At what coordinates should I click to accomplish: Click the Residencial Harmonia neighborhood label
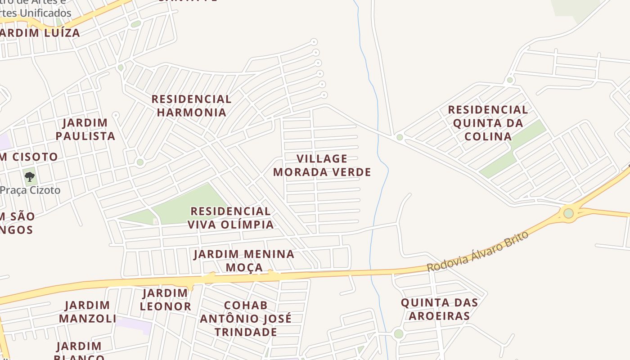191,105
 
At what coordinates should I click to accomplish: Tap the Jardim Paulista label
85,129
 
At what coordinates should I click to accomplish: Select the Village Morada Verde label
322,165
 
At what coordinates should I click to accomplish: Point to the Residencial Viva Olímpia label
230,218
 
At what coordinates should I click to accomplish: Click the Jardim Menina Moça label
244,261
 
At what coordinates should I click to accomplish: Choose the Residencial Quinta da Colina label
488,123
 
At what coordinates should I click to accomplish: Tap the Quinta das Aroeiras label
439,309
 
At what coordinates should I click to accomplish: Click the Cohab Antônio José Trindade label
246,319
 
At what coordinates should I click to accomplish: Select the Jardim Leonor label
165,300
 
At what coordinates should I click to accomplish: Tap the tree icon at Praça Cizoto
30,176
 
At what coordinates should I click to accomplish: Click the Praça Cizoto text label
31,190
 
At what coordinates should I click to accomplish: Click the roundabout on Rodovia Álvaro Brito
569,213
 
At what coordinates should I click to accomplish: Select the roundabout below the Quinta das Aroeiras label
398,334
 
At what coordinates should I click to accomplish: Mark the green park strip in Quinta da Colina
513,149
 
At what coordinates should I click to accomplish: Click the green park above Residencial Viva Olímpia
189,202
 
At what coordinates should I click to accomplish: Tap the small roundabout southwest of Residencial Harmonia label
140,162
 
